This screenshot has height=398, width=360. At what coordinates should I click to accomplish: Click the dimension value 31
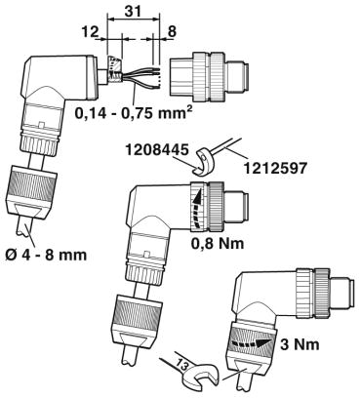134,11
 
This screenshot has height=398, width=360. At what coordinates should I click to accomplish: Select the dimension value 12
90,32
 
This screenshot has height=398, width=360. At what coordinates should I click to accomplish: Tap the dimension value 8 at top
172,32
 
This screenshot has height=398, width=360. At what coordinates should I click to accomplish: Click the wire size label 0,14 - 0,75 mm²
132,112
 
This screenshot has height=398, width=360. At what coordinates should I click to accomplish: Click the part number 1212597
274,168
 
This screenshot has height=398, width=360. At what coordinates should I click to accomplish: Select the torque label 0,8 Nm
218,242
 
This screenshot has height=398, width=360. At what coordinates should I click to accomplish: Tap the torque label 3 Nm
300,344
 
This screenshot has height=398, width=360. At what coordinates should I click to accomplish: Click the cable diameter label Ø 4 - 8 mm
47,255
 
